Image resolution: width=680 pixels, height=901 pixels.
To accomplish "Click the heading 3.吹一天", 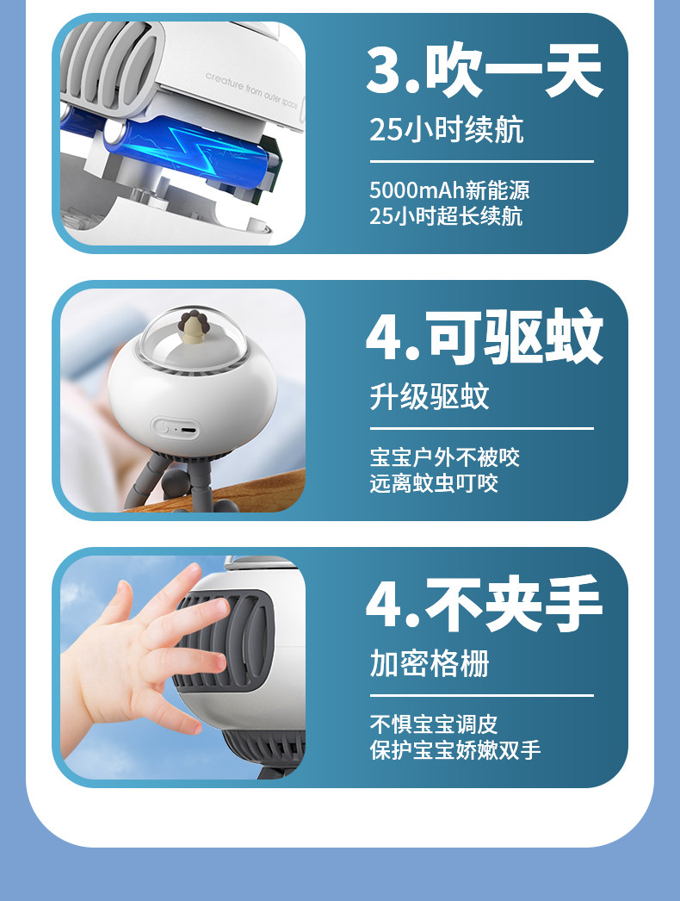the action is tap(484, 70).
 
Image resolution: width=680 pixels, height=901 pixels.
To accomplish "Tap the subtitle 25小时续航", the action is tap(446, 129).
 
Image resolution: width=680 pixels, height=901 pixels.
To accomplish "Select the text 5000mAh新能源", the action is tap(449, 190).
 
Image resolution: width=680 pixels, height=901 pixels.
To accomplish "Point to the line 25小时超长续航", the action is tap(446, 216).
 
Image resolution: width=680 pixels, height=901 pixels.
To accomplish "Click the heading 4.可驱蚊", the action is tap(484, 336).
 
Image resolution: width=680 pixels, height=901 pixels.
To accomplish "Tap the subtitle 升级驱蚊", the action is tap(429, 396).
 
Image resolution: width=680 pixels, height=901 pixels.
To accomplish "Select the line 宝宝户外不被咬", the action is tap(444, 457).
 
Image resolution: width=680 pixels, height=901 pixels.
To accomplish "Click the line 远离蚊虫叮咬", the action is tap(434, 483).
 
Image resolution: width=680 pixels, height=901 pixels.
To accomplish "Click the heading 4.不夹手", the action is tap(484, 603).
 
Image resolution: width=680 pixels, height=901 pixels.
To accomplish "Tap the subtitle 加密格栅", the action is tap(429, 663).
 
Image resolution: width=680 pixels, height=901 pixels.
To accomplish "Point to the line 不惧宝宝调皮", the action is tap(434, 724).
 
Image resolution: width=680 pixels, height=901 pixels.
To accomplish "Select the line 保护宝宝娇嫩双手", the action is tap(454, 750).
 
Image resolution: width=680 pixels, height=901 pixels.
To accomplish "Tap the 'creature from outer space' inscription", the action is tap(251, 90).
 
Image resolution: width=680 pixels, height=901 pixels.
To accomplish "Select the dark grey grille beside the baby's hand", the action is tap(230, 641).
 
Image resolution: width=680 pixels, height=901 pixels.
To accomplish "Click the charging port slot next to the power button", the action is tap(188, 429).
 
